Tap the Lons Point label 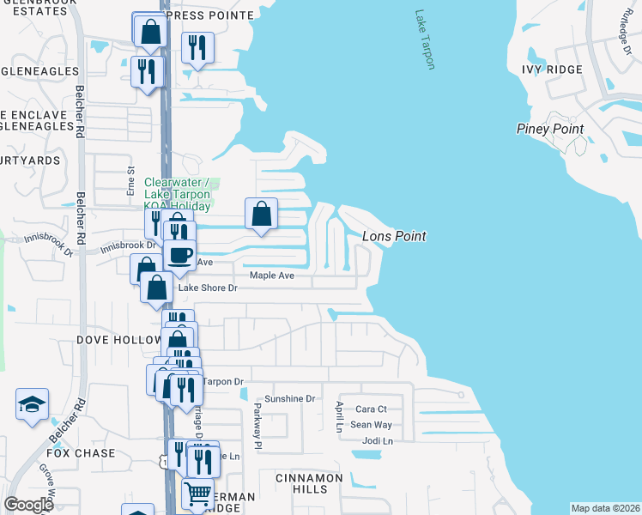(394, 236)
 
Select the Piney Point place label (550, 129)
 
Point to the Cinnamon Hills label (309, 482)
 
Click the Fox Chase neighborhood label (81, 453)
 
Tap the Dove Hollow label (118, 340)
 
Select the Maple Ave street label (272, 276)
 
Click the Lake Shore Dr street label (207, 288)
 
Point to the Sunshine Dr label (290, 399)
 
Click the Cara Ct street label (372, 409)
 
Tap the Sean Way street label (371, 425)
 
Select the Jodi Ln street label (377, 441)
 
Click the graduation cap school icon (32, 404)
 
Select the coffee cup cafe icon (179, 255)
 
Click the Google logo (29, 504)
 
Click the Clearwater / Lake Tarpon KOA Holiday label (178, 194)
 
